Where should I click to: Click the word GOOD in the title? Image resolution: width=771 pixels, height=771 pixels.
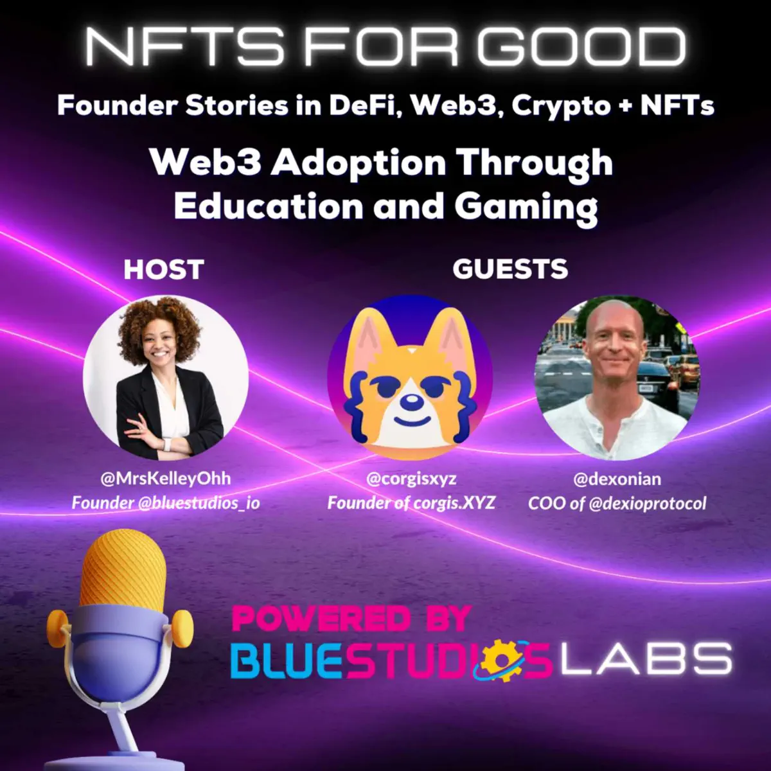pos(581,47)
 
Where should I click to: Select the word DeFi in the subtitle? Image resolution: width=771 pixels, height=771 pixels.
pos(366,105)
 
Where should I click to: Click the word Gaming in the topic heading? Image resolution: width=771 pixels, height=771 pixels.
pos(526,207)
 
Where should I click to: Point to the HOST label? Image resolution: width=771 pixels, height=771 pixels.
pos(164,269)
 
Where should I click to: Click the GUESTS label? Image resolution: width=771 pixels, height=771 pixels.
pos(510,269)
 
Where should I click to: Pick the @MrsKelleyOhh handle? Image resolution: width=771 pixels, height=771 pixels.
pos(165,479)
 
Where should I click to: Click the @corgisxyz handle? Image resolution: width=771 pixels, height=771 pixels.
pos(411,479)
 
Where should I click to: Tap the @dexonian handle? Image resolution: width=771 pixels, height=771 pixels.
pos(617,479)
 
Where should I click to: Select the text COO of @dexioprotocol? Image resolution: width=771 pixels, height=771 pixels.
pos(617,503)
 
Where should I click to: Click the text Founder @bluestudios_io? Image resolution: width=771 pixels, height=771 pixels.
pos(165,502)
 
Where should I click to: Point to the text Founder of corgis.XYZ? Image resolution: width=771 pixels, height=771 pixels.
pos(411,502)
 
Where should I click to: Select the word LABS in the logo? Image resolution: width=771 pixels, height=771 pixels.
pos(646,660)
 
